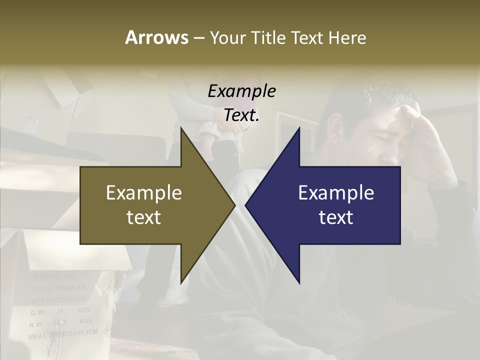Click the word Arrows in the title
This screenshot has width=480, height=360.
click(156, 37)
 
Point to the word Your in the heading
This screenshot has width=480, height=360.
click(227, 37)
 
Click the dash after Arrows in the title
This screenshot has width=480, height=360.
click(198, 38)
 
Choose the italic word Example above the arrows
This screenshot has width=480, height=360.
click(241, 91)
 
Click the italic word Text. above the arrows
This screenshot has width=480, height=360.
click(241, 115)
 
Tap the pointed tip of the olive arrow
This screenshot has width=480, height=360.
click(234, 205)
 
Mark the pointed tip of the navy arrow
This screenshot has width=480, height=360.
click(246, 205)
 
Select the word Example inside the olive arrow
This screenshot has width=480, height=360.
click(144, 193)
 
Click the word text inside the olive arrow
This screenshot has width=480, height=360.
click(144, 217)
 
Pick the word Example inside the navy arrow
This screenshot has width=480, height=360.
click(336, 193)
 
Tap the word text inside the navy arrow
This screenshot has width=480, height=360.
click(336, 217)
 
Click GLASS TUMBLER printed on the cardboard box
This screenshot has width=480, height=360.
click(59, 288)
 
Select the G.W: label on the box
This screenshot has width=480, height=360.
click(37, 312)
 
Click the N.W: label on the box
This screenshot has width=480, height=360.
click(37, 324)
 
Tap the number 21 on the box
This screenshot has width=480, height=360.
click(60, 311)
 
